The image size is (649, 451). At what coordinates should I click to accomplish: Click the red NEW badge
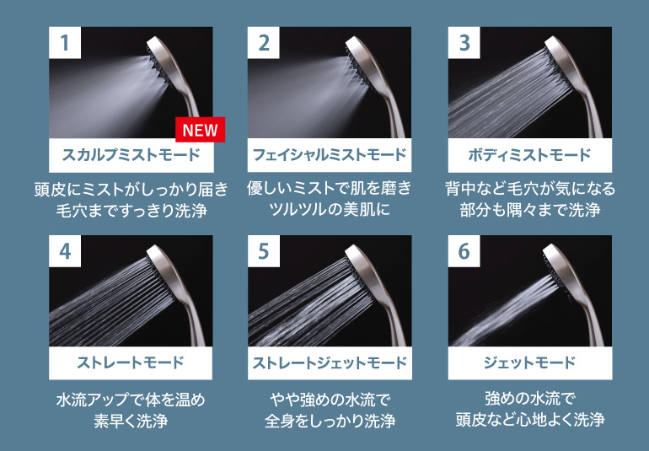201,130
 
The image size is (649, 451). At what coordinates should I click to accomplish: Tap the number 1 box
65,43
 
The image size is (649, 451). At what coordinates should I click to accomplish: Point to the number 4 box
65,251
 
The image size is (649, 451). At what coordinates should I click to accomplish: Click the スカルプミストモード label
131,155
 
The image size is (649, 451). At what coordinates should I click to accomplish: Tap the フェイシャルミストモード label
330,155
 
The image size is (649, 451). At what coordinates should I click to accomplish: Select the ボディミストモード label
529,155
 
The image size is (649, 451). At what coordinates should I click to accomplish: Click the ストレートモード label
131,363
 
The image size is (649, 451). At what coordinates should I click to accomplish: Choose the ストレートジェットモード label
330,363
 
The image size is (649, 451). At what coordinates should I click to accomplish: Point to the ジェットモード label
529,363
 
